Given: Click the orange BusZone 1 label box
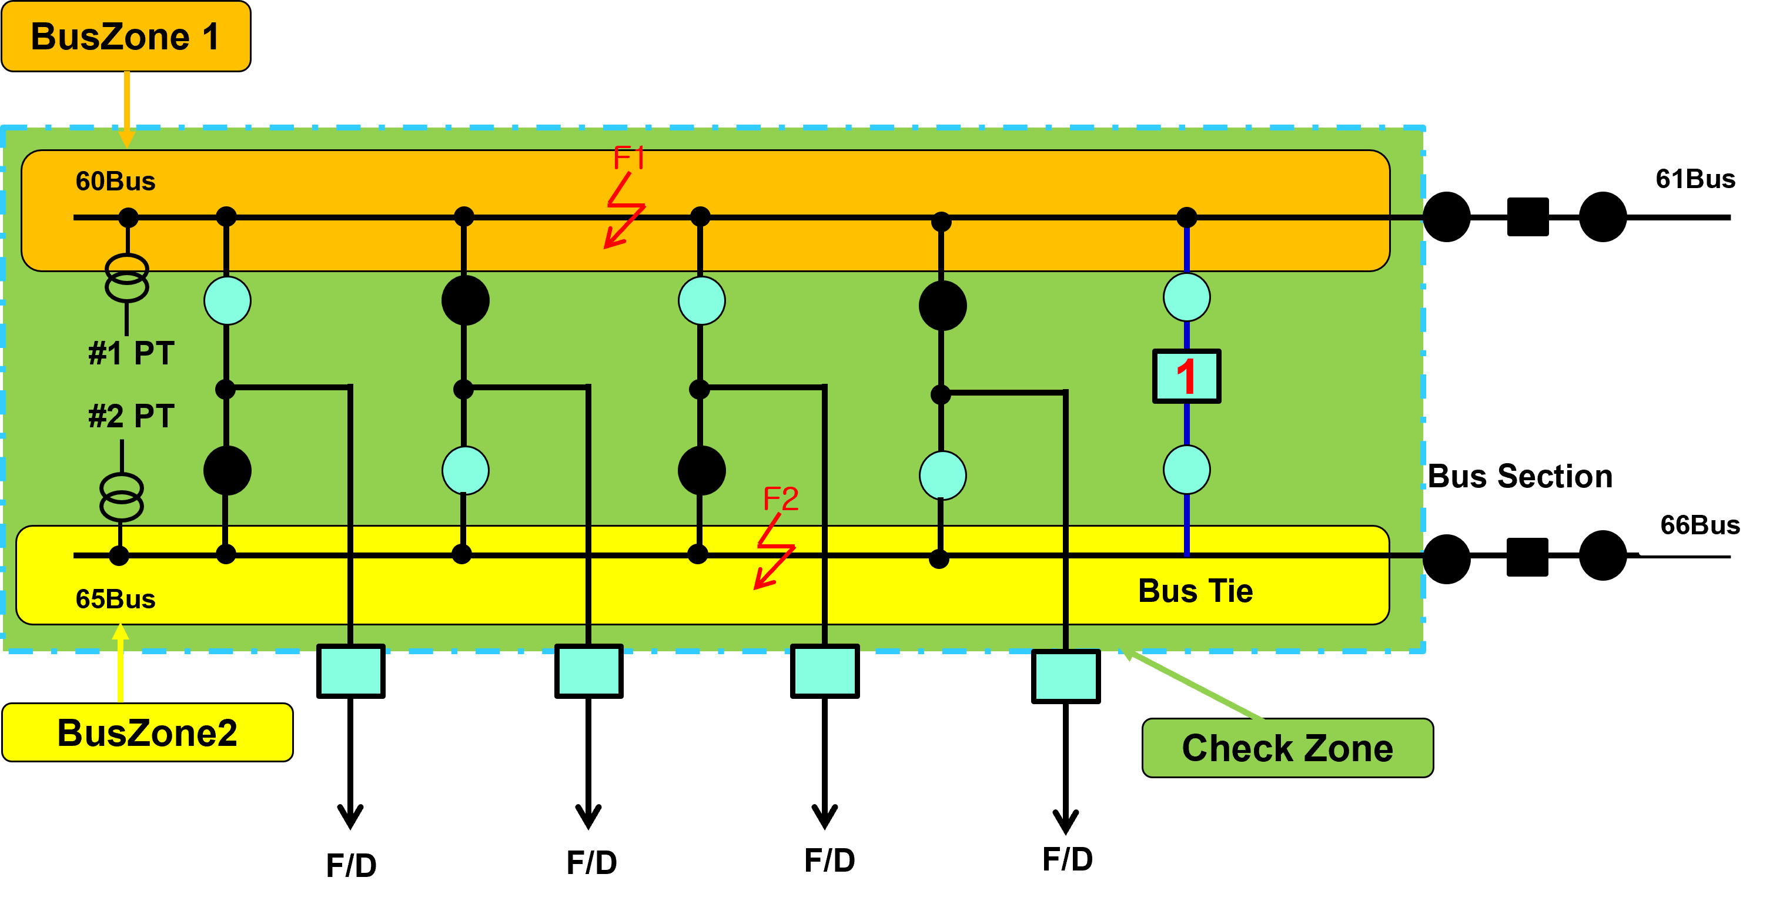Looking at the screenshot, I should tap(125, 36).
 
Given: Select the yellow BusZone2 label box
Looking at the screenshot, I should tap(147, 732).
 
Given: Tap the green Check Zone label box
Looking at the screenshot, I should tap(1287, 748).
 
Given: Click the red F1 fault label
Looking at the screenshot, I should tap(628, 159).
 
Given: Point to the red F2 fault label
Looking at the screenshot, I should tap(780, 499).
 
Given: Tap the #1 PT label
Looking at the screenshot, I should tap(131, 353).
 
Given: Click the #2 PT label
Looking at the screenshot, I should tap(131, 416).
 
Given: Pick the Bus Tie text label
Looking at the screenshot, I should tap(1195, 591).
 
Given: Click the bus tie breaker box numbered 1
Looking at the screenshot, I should tap(1186, 376).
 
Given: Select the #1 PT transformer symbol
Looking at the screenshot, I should tap(126, 277).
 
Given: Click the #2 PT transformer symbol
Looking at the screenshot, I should tap(122, 496).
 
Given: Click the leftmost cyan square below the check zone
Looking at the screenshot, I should tap(351, 670).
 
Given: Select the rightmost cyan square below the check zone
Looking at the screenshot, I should tap(1065, 675).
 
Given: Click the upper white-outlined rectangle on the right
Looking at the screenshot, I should tap(1705, 178).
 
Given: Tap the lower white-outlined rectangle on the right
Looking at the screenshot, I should tap(1710, 524).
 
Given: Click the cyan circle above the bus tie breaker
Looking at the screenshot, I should tap(1186, 297).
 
